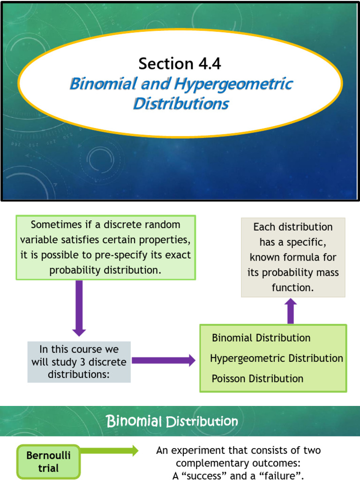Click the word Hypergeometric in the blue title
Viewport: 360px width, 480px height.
click(x=233, y=84)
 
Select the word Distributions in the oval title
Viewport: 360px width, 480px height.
click(x=181, y=104)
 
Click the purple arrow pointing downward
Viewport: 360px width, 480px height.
click(x=79, y=307)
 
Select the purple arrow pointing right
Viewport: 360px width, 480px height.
click(x=164, y=360)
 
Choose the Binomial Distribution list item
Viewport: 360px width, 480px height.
click(x=261, y=338)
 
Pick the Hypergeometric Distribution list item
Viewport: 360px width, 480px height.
click(x=277, y=358)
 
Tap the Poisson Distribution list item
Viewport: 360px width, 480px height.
click(x=257, y=378)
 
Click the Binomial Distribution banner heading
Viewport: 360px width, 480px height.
click(x=172, y=421)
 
